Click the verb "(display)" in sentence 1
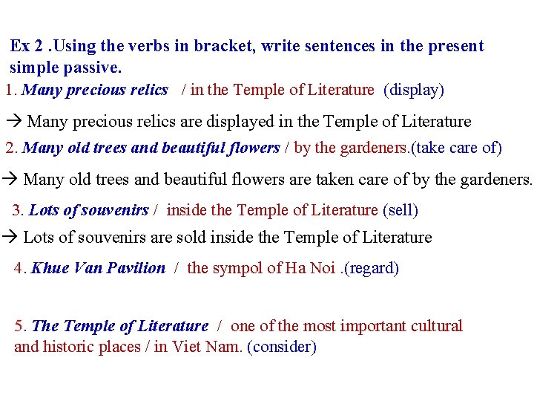(414, 91)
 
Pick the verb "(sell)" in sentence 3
(400, 210)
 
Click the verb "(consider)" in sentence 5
(282, 347)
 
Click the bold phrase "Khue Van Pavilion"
(99, 268)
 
